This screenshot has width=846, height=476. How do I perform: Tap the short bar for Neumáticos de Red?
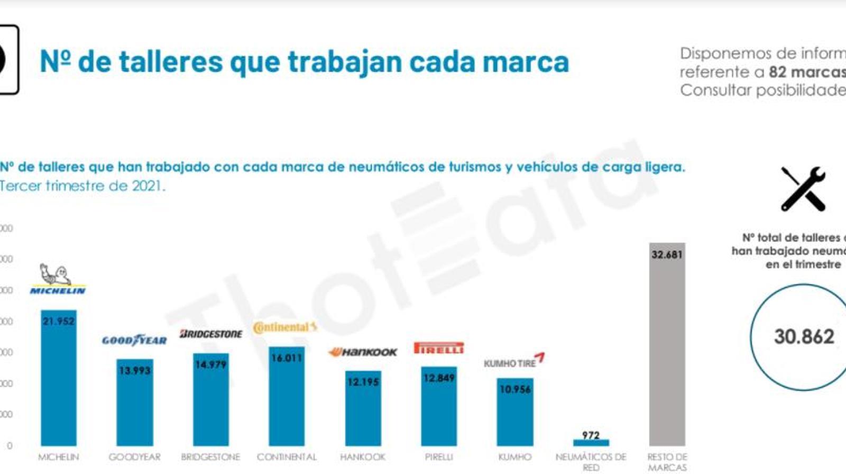tap(591, 443)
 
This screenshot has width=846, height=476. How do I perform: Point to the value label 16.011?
tap(287, 358)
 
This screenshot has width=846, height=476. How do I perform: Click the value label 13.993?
tap(134, 370)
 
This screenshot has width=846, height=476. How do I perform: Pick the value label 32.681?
tap(667, 254)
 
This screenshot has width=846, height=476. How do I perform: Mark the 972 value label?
tap(591, 435)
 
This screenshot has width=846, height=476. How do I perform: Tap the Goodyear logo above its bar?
tap(134, 340)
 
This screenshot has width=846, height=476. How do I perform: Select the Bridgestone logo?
tap(210, 334)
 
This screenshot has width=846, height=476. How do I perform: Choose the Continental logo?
tap(285, 327)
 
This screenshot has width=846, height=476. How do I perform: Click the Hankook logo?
tap(363, 352)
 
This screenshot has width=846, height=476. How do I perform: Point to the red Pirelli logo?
tap(439, 348)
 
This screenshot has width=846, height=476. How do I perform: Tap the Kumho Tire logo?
tap(514, 361)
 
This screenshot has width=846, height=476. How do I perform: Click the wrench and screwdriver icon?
tap(803, 189)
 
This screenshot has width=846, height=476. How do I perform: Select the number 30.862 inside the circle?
tap(804, 336)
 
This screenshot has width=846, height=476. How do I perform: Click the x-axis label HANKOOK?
tap(363, 457)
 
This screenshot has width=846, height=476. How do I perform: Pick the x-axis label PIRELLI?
tap(439, 457)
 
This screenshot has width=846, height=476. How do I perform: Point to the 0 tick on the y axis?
tap(10, 446)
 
